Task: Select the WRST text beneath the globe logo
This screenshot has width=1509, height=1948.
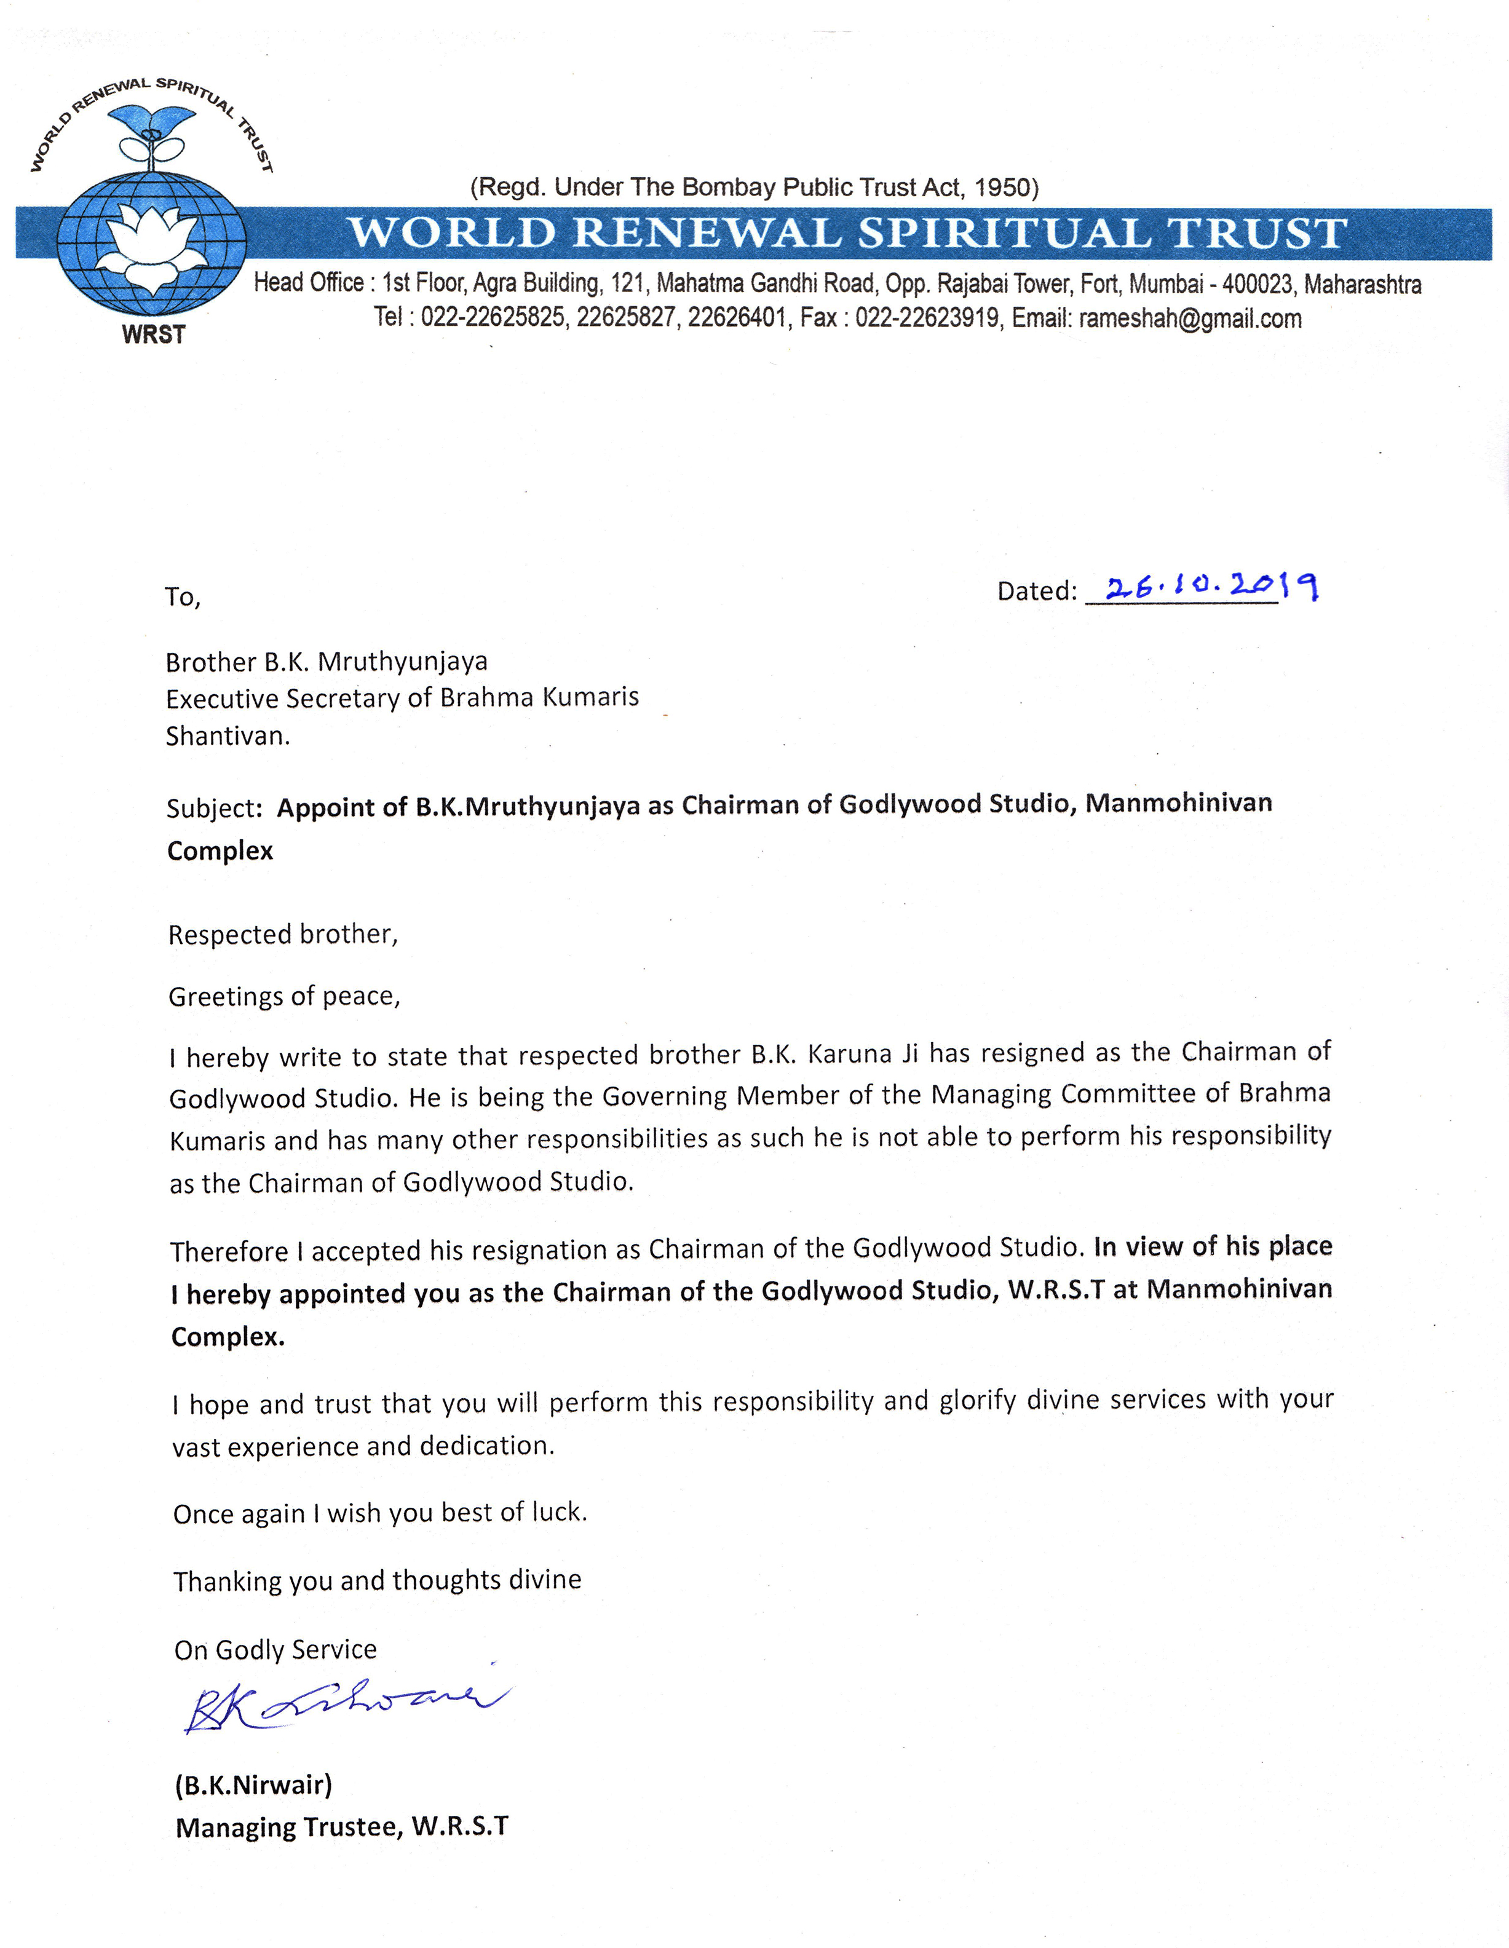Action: coord(153,335)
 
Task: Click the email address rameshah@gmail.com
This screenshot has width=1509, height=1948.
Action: coord(1190,319)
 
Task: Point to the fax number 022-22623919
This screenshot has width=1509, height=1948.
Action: coord(927,319)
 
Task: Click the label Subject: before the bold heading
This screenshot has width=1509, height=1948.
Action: coord(214,808)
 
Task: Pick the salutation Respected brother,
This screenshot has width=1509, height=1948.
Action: coord(283,934)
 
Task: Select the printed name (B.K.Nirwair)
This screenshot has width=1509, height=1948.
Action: coord(253,1785)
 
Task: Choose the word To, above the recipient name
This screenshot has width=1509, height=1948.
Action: coord(183,596)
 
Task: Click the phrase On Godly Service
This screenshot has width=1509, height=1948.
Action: coord(275,1649)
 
